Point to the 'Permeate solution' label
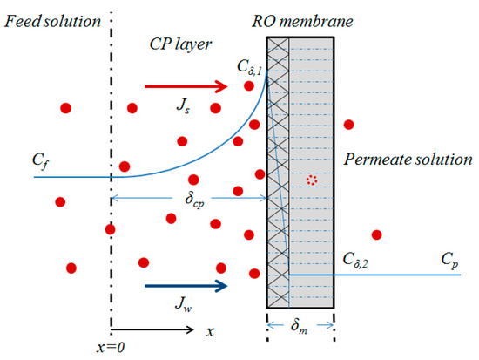click(408, 160)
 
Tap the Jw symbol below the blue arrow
click(179, 308)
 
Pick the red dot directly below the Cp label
click(377, 234)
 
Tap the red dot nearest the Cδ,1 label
click(250, 85)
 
